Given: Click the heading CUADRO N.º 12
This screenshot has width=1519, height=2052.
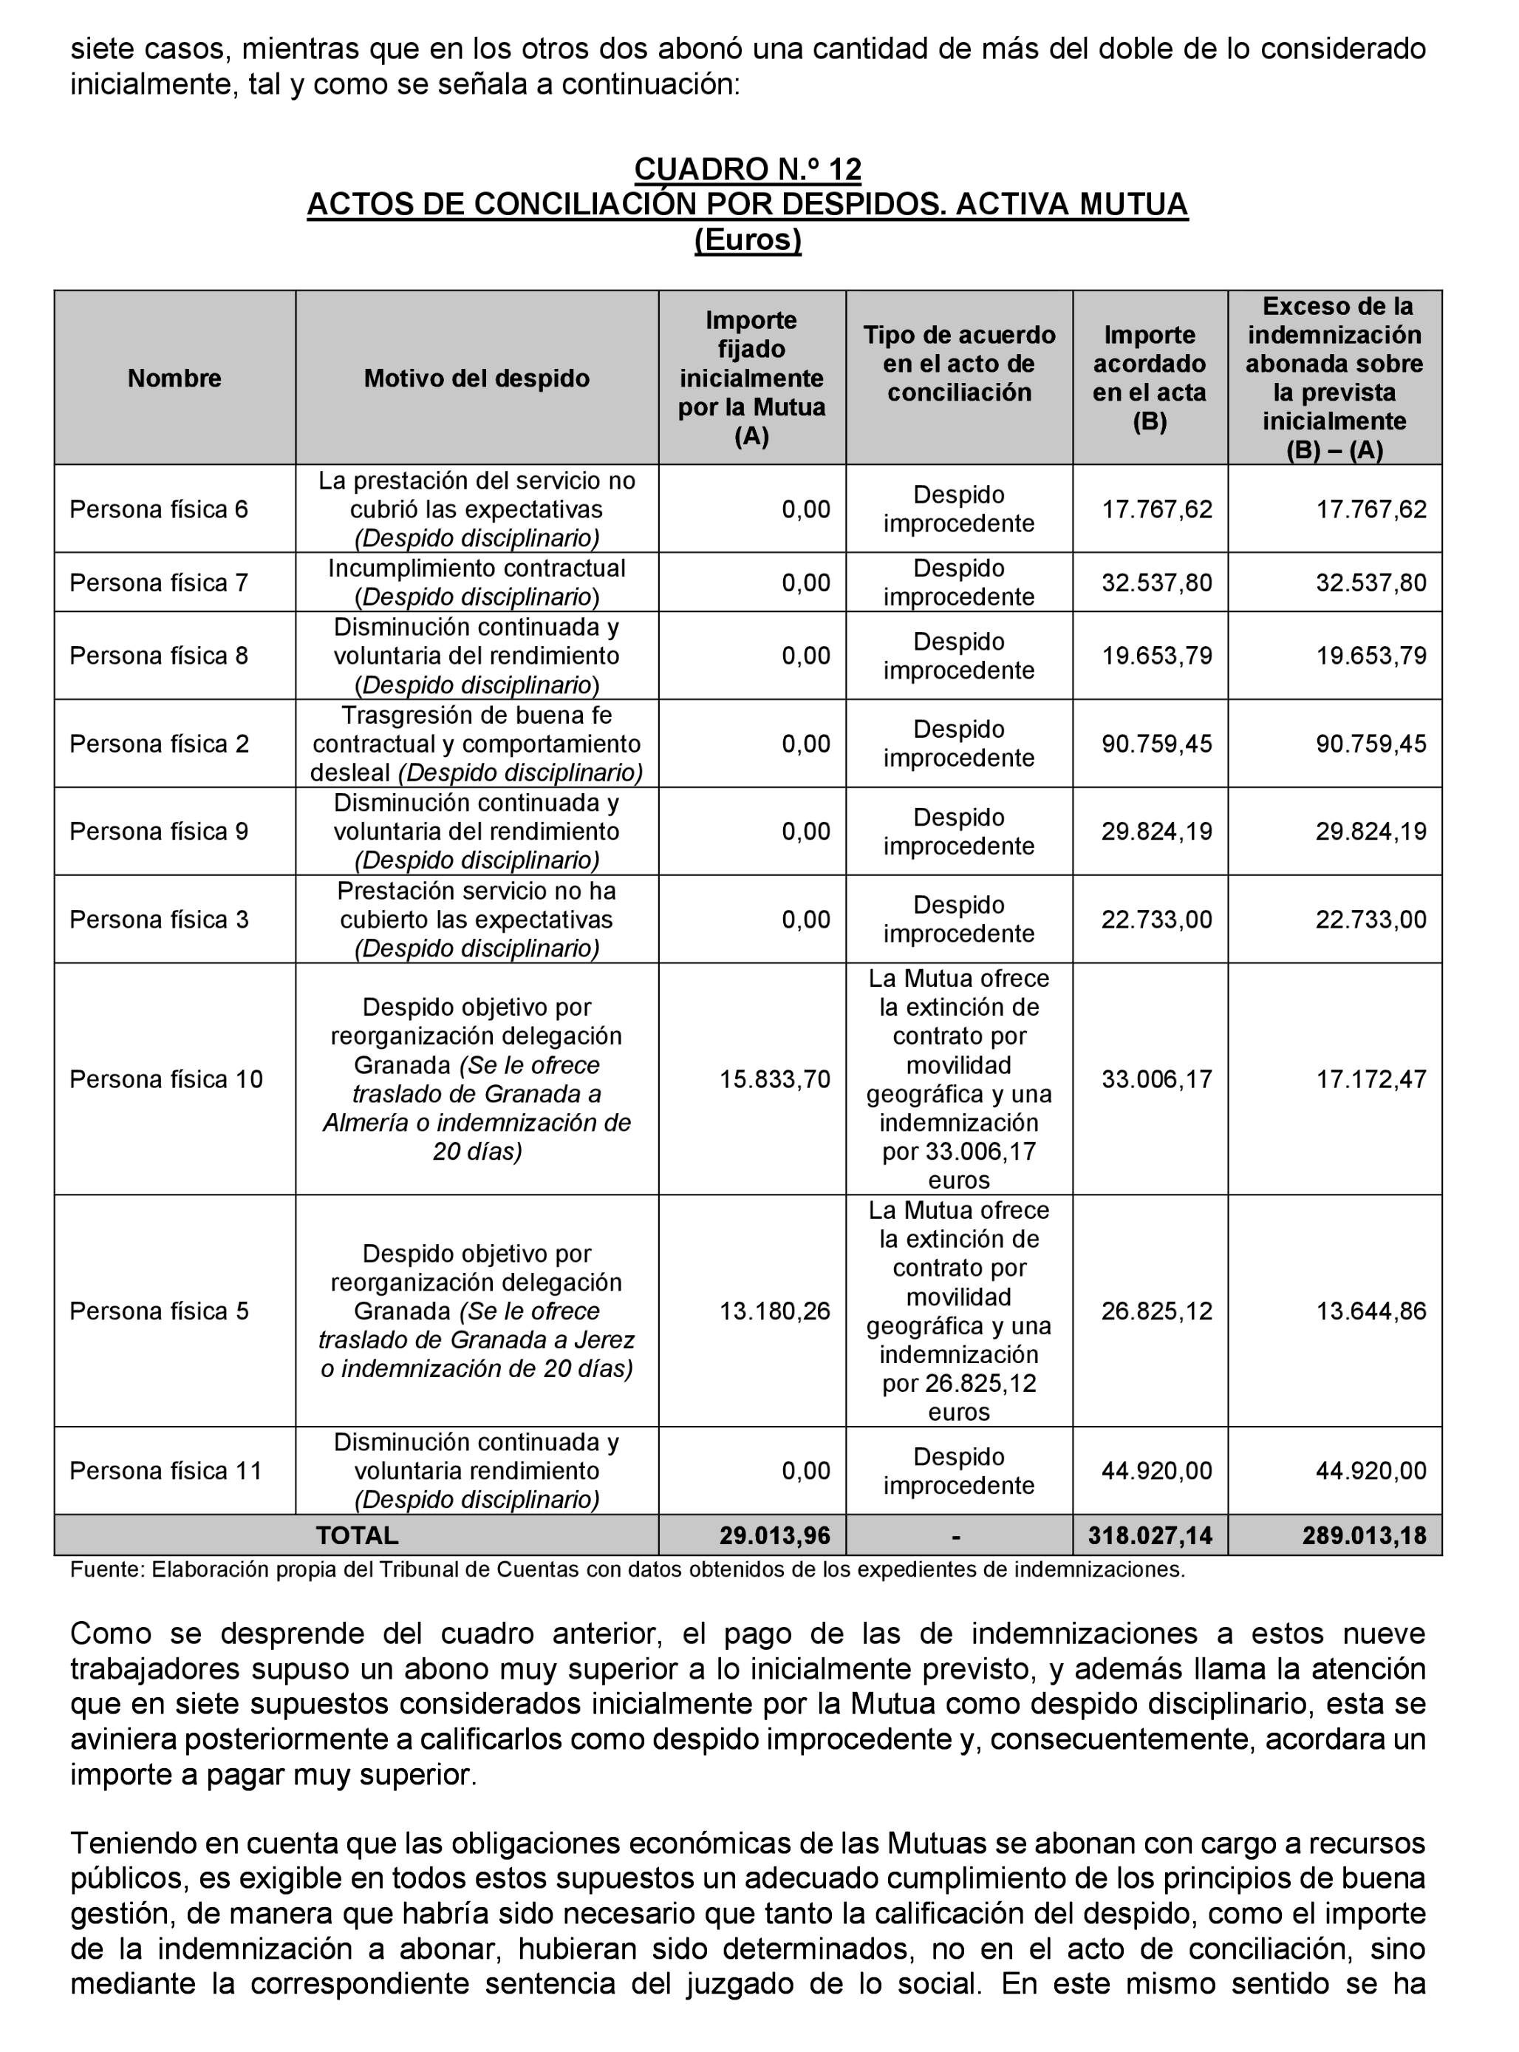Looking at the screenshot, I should pyautogui.click(x=748, y=169).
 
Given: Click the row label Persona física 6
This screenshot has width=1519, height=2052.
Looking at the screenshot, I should pyautogui.click(x=158, y=509).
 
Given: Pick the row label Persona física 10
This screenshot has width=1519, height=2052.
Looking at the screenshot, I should pyautogui.click(x=165, y=1079).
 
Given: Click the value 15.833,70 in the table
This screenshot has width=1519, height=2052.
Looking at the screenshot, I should pyautogui.click(x=774, y=1079).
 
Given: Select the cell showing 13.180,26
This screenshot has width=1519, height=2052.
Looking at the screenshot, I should pyautogui.click(x=774, y=1311).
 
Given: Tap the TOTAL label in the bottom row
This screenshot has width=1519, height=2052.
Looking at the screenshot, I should pyautogui.click(x=357, y=1535).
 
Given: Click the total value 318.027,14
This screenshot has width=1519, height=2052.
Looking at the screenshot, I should pyautogui.click(x=1150, y=1535).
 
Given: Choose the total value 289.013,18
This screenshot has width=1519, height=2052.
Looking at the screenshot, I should pyautogui.click(x=1364, y=1535).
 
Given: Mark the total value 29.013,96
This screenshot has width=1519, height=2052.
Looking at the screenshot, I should pyautogui.click(x=774, y=1535).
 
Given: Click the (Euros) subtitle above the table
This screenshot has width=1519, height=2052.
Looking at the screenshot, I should pyautogui.click(x=748, y=240).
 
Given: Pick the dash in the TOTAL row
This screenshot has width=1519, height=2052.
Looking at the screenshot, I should pyautogui.click(x=958, y=1535).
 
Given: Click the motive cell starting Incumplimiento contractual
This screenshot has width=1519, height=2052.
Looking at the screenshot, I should pyautogui.click(x=477, y=582).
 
